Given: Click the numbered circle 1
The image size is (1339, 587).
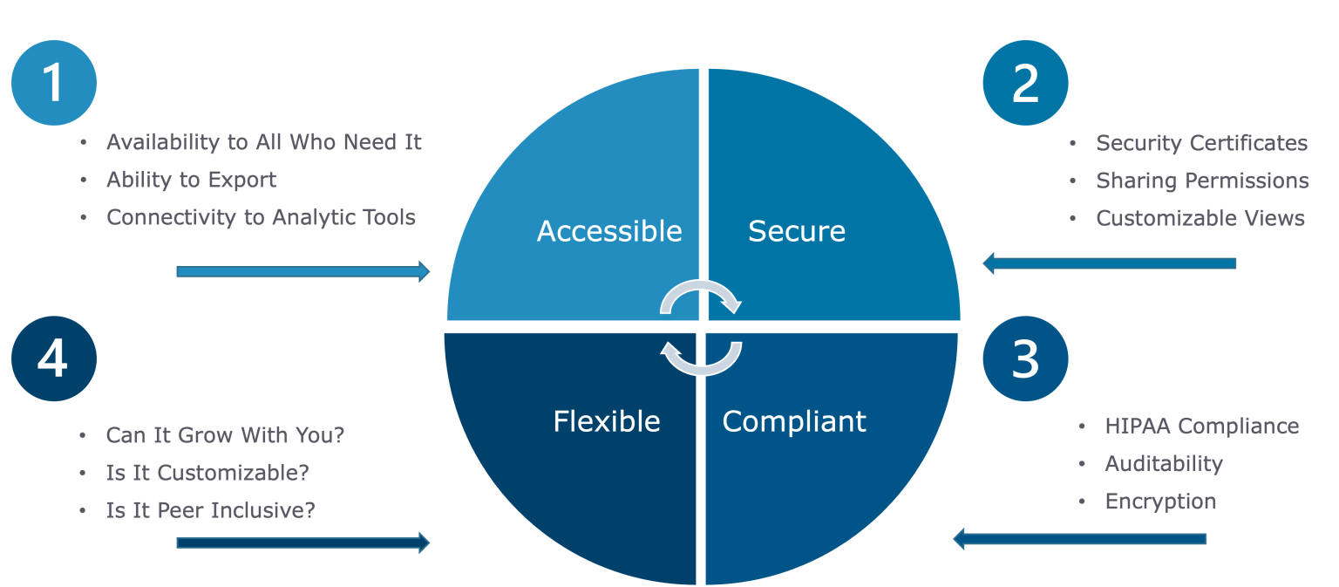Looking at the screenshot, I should coord(53,83).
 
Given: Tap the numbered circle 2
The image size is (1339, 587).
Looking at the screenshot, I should coord(1025,83).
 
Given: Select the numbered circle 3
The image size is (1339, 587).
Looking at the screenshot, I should coord(1025,358).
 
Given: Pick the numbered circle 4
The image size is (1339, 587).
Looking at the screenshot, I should coord(53,358).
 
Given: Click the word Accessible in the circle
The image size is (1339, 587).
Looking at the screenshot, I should coord(609,231).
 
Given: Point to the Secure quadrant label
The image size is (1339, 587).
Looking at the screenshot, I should coord(797,231).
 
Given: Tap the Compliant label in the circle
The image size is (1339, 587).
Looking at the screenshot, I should coord(794,421).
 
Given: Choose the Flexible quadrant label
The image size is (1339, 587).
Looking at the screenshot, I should coord(607,421).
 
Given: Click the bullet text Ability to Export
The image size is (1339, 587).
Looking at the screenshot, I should coord(191,180).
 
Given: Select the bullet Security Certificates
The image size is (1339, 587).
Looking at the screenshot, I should coord(1201,143).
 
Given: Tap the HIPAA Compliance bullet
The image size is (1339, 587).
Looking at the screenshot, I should coord(1201,426).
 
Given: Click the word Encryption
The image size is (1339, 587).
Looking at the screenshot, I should coord(1160,502).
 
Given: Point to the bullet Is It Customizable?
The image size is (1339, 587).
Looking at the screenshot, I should coord(207,473).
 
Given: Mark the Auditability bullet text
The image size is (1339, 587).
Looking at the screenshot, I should coord(1164,464).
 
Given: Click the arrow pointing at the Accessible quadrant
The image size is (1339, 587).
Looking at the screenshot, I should coord(302,271).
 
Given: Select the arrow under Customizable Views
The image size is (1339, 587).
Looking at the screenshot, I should coord(1109,263).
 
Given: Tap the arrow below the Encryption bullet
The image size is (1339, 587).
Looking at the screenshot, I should coord(1079,538).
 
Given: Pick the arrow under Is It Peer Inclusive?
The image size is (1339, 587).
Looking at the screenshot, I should coord(302,543).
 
